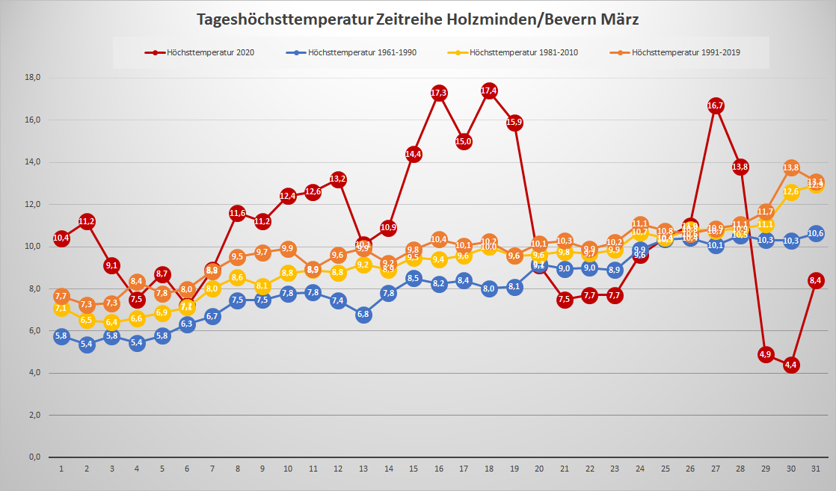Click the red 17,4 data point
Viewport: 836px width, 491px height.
point(489,91)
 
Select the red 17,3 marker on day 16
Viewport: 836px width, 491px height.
point(439,93)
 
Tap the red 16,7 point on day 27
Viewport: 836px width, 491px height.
point(716,105)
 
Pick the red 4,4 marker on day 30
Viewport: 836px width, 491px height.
point(791,365)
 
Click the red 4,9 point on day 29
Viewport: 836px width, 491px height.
point(766,354)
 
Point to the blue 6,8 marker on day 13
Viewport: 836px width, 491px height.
point(363,315)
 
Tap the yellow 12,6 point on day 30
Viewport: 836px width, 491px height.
point(791,192)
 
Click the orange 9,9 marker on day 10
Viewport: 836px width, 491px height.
point(288,249)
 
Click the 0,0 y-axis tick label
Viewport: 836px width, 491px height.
point(34,457)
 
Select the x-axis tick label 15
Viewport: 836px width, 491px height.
point(414,469)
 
